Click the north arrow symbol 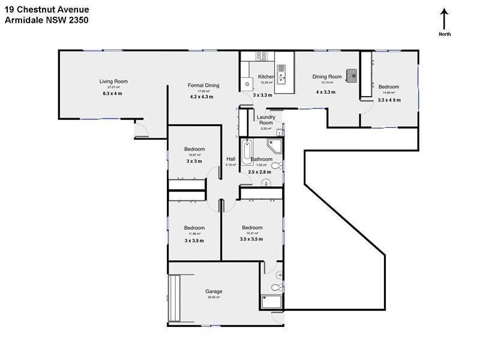444,19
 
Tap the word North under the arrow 445,34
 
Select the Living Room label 113,82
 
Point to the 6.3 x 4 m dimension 112,94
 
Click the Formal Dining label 203,85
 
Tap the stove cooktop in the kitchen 262,56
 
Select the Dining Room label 327,77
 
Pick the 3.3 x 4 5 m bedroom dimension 389,100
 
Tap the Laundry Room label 266,120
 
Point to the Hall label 230,159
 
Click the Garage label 214,292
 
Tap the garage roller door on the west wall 174,298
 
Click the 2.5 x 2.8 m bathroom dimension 260,172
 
